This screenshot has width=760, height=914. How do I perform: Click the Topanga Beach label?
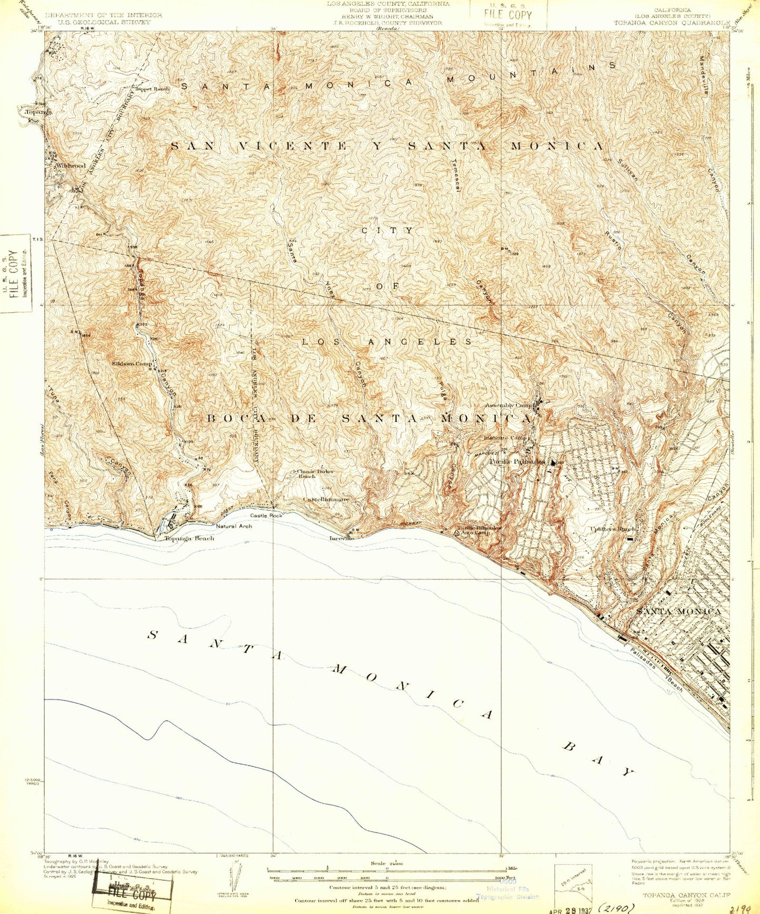pos(189,538)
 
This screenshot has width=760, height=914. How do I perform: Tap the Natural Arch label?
pos(234,526)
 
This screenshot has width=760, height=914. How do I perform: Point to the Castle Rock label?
pos(266,516)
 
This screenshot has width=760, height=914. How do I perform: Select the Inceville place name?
pos(342,538)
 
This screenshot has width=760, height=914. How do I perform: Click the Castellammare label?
pos(326,499)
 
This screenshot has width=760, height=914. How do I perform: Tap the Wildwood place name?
pos(71,166)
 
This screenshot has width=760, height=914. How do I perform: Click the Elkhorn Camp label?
pos(132,363)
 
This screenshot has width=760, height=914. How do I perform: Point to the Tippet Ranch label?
pos(153,89)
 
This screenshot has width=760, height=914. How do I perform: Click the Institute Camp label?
pos(506,437)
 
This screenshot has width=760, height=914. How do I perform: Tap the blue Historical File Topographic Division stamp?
pos(507,892)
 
